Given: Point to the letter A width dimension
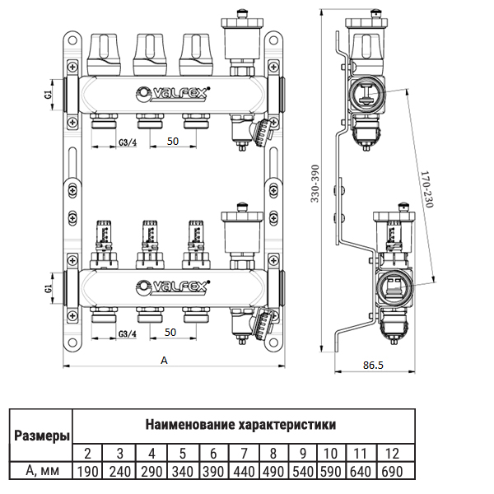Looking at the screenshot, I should [165, 360].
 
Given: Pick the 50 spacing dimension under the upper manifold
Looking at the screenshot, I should [173, 142].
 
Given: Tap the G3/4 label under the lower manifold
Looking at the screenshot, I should [128, 333].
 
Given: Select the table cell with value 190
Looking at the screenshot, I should [87, 472].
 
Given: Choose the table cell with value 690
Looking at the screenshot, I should [392, 472].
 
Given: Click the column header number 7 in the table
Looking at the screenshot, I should [245, 454].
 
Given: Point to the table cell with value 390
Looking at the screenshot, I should [213, 472].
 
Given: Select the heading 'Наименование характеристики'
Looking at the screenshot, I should [240, 426].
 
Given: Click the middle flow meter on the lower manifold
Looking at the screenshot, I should [150, 237].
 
